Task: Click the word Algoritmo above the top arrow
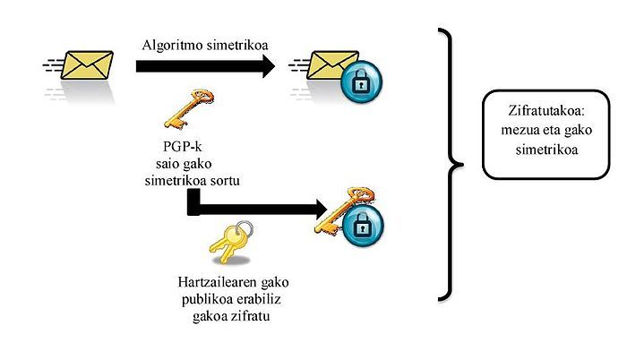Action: [x=174, y=45]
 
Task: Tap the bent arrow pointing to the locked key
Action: [x=251, y=209]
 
